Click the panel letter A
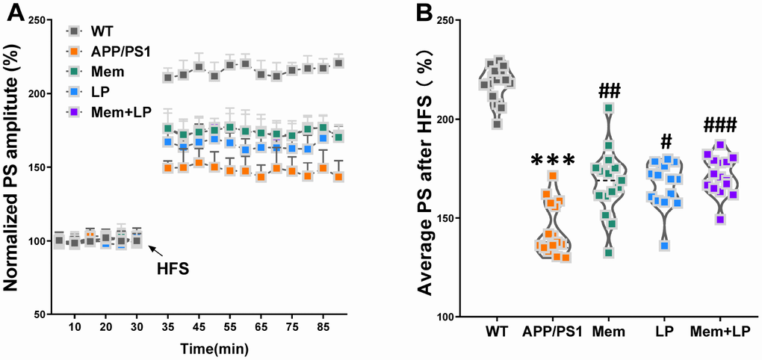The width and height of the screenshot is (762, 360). (12, 13)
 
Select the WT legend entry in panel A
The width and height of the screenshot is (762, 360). (102, 31)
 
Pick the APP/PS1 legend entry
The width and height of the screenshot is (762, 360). (115, 52)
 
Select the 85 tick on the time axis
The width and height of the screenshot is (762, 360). (323, 328)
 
